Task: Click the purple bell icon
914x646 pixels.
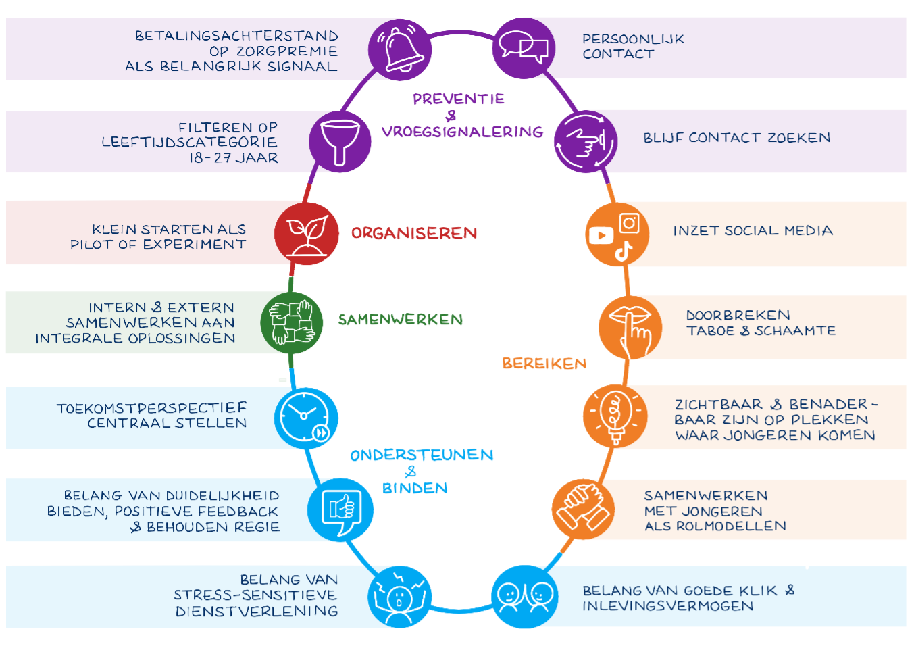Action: pyautogui.click(x=400, y=49)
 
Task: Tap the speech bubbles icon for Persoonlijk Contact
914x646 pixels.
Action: pyautogui.click(x=524, y=48)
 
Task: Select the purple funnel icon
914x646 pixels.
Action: pyautogui.click(x=340, y=142)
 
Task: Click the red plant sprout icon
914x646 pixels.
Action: pyautogui.click(x=306, y=233)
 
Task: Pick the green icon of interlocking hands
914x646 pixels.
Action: pyautogui.click(x=292, y=323)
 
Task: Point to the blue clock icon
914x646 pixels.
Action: pyautogui.click(x=305, y=418)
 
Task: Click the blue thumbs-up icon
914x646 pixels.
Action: pyautogui.click(x=340, y=510)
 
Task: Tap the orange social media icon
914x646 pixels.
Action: pyautogui.click(x=617, y=234)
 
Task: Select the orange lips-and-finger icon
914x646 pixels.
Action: pyautogui.click(x=630, y=327)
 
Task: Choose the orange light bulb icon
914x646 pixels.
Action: pyautogui.click(x=615, y=416)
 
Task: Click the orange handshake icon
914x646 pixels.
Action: pyautogui.click(x=583, y=509)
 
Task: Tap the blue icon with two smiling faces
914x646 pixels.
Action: pyautogui.click(x=524, y=597)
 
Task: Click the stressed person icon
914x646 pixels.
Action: pyautogui.click(x=399, y=597)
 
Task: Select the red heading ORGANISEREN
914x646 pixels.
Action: pyautogui.click(x=414, y=233)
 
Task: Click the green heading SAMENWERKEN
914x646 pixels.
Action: pyautogui.click(x=401, y=320)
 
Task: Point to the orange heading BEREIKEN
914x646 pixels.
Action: pyautogui.click(x=544, y=364)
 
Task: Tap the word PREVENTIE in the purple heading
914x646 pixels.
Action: pyautogui.click(x=459, y=99)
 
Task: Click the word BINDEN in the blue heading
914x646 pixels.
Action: pyautogui.click(x=415, y=488)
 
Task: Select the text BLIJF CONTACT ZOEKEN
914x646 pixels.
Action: pyautogui.click(x=736, y=138)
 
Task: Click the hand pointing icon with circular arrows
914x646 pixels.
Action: pyautogui.click(x=586, y=141)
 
